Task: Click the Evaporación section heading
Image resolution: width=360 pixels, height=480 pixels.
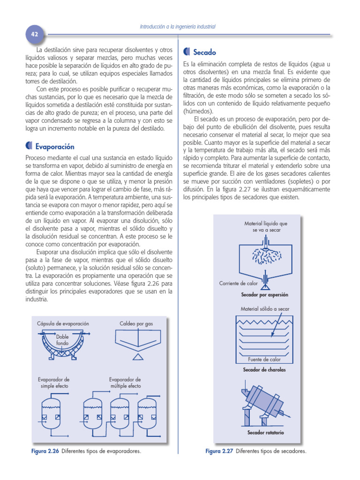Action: click(x=55, y=146)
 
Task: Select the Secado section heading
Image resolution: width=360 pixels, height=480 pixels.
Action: click(x=204, y=52)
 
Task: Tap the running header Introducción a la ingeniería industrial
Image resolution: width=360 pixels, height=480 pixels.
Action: click(x=178, y=27)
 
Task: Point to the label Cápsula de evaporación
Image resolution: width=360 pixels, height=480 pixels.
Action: click(x=63, y=324)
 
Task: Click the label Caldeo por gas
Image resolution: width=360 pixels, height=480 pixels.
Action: click(x=136, y=324)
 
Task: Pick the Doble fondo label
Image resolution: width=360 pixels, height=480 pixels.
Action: click(x=62, y=340)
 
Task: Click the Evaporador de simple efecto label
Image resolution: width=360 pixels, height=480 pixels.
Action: click(x=54, y=382)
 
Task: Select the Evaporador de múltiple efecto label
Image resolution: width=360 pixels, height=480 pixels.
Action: click(x=125, y=382)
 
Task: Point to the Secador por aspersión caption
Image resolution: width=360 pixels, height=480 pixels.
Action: click(x=264, y=295)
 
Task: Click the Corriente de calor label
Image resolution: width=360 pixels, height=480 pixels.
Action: click(x=239, y=284)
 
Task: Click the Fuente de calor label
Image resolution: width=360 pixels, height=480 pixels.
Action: click(x=264, y=360)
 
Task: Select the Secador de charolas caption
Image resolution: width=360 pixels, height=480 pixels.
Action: click(x=264, y=370)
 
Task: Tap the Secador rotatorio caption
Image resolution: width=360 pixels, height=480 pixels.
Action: click(x=265, y=433)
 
